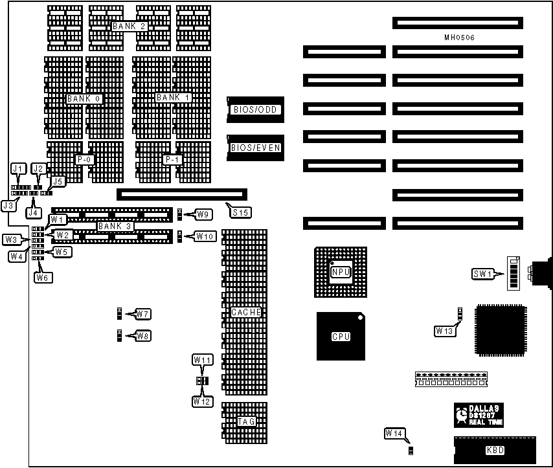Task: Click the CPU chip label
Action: [341, 337]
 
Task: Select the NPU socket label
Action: [341, 273]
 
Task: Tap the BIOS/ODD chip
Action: [255, 110]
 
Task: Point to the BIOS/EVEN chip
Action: [255, 148]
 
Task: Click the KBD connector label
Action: [495, 451]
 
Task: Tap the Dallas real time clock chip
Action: [480, 414]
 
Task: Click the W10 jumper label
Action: [205, 236]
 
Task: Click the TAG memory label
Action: [246, 421]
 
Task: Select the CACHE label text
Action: [246, 312]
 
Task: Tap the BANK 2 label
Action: [130, 27]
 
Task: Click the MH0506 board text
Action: [459, 38]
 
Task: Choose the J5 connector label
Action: [58, 182]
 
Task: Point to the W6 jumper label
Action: [42, 277]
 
